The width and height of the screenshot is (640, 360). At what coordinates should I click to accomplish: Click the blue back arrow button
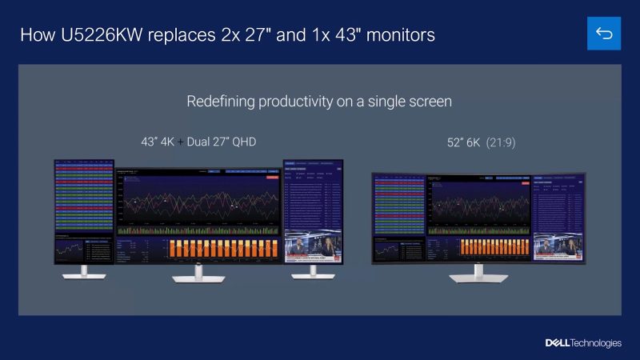coord(604,33)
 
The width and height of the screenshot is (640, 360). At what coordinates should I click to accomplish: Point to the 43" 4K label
coord(158,142)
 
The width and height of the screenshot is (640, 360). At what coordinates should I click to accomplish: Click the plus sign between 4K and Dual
coord(180,142)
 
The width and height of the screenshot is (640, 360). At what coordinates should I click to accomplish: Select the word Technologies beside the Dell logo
coord(596,342)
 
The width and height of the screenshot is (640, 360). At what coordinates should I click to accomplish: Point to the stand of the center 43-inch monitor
coord(198,274)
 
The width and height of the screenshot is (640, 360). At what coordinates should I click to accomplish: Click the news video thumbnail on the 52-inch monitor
coord(558,246)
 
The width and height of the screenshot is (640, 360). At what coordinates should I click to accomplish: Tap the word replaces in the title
coord(179,35)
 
